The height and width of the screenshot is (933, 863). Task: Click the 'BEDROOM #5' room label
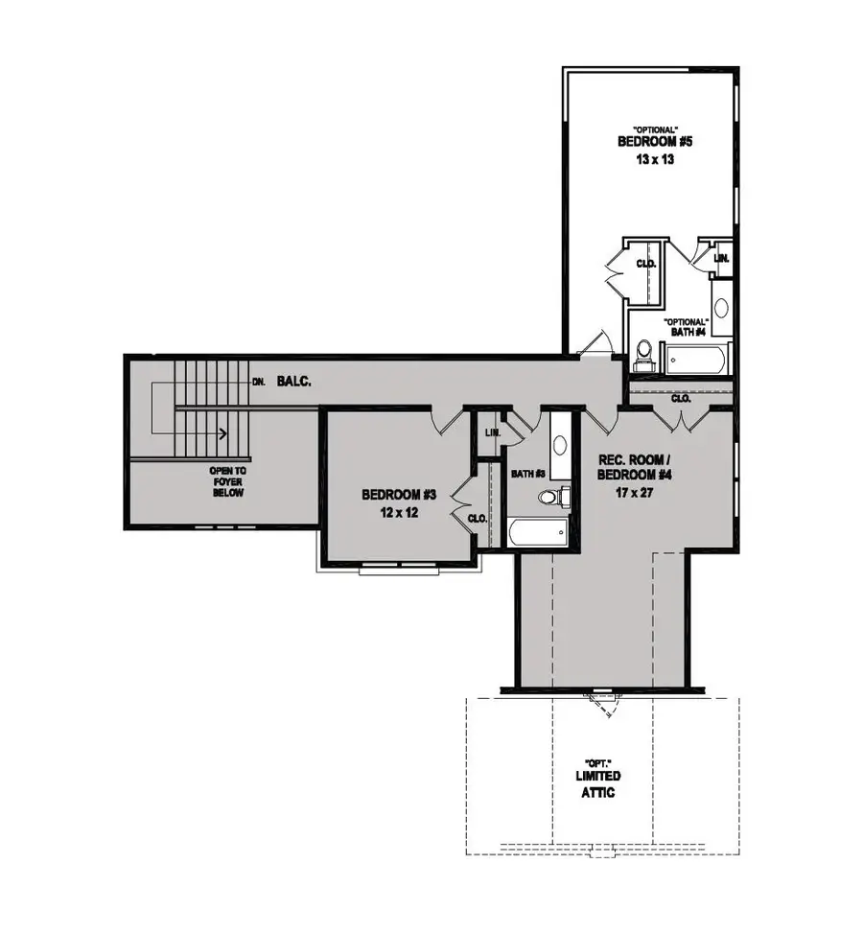[655, 141]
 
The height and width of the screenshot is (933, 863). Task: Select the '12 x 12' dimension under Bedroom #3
[399, 512]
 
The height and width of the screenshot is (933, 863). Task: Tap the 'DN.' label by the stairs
[258, 381]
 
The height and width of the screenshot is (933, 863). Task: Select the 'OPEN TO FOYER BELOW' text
[227, 482]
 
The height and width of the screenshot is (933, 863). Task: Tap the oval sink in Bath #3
[560, 447]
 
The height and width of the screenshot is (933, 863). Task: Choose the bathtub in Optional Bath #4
[698, 362]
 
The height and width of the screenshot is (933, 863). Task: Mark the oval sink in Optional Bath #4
[721, 308]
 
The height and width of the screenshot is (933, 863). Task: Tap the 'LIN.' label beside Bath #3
[492, 433]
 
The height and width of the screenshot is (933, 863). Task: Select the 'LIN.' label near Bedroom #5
[722, 258]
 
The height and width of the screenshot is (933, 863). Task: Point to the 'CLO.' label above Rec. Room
[681, 397]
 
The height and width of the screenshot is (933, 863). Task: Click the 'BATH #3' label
[526, 474]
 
